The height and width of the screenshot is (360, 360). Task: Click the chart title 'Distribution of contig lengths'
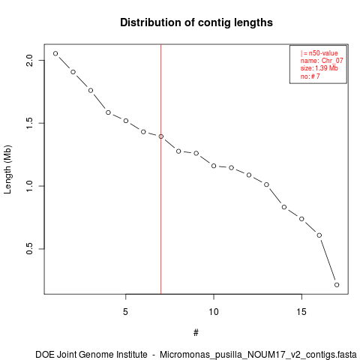196,22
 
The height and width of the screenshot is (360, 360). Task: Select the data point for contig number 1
55,53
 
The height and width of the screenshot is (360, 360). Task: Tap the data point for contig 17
337,285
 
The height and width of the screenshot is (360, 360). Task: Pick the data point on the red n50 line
161,136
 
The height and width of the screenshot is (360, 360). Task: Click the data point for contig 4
108,112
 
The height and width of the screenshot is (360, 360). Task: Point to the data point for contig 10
214,166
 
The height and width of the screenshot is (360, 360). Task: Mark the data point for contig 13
266,184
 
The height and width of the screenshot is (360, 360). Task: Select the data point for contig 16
319,235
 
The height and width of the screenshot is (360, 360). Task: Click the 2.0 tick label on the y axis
29,60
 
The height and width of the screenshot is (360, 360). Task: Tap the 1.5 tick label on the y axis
29,123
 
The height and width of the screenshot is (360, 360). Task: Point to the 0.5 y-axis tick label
29,249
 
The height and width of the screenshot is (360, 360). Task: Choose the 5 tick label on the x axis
125,312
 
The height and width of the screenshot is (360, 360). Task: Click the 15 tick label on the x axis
301,312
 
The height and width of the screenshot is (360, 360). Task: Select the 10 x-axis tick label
214,312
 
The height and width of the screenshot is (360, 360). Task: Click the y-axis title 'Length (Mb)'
7,169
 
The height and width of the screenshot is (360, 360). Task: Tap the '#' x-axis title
196,333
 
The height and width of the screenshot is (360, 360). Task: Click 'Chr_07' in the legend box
332,61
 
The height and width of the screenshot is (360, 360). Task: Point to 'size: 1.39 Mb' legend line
319,68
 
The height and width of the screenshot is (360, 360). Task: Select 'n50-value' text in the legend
323,53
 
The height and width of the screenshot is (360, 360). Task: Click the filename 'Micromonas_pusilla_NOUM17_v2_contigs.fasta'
258,355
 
